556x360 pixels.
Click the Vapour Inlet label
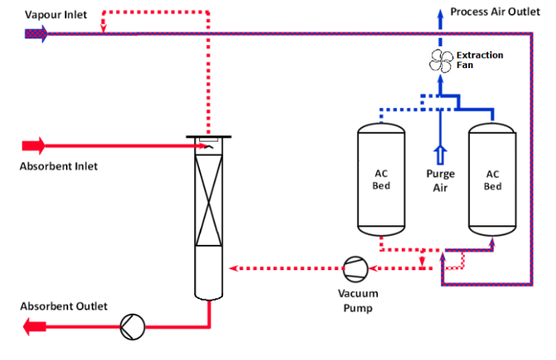(x=56, y=15)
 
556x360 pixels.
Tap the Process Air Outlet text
(x=495, y=12)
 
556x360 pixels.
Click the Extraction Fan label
(x=479, y=59)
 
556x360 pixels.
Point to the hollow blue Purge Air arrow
(x=439, y=155)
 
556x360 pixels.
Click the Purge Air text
(x=440, y=181)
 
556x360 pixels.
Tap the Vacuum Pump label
(x=355, y=301)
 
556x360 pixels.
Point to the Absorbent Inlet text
(x=59, y=166)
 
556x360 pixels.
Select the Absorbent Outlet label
(x=64, y=306)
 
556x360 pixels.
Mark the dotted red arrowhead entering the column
(x=233, y=269)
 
